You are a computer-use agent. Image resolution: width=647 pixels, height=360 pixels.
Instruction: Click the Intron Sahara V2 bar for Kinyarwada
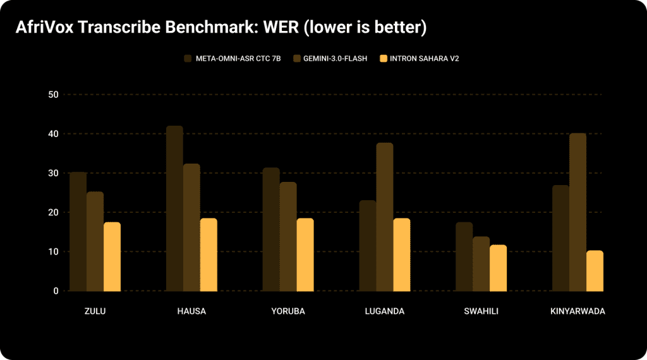(595, 271)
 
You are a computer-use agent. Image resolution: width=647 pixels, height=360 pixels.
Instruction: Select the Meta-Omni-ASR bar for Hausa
(174, 208)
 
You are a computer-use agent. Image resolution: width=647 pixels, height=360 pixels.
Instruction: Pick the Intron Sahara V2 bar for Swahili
(498, 268)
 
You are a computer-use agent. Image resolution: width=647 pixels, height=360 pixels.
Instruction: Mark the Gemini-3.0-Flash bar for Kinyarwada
(577, 212)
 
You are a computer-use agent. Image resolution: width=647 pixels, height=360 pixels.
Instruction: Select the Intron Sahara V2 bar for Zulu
(112, 256)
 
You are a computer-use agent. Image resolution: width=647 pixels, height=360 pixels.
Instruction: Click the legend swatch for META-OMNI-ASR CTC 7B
(188, 59)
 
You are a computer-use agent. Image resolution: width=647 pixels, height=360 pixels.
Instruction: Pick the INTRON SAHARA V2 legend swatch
(383, 59)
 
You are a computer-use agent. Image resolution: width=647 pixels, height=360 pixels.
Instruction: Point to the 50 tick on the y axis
(52, 95)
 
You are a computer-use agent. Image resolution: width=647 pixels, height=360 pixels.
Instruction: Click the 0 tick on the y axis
(56, 291)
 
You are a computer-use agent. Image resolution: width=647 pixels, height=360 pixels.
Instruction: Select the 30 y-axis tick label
(52, 173)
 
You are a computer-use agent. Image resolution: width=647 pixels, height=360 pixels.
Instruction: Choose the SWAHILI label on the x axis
(481, 311)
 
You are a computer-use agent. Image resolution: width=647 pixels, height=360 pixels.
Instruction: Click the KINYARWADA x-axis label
(577, 311)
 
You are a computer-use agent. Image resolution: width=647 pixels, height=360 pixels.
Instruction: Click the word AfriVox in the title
(43, 28)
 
